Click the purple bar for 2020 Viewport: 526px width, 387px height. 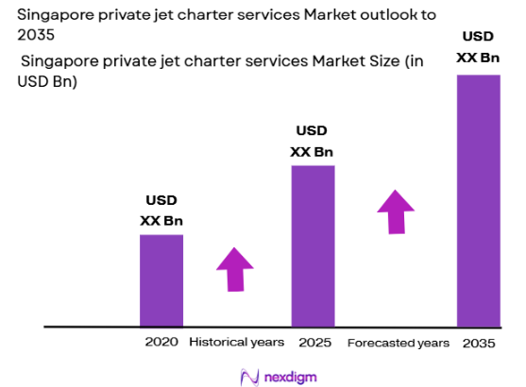pyautogui.click(x=161, y=280)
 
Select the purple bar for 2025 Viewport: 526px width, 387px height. pyautogui.click(x=313, y=245)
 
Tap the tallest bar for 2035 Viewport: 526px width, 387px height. pyautogui.click(x=478, y=200)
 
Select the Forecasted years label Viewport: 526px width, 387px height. pyautogui.click(x=399, y=341)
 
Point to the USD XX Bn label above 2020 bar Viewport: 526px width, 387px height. pyautogui.click(x=161, y=210)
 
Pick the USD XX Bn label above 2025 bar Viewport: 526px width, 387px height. pyautogui.click(x=313, y=141)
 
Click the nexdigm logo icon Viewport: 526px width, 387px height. pyautogui.click(x=250, y=376)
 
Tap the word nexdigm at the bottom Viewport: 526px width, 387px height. pyautogui.click(x=290, y=376)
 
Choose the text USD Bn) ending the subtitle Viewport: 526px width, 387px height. pyautogui.click(x=47, y=82)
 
